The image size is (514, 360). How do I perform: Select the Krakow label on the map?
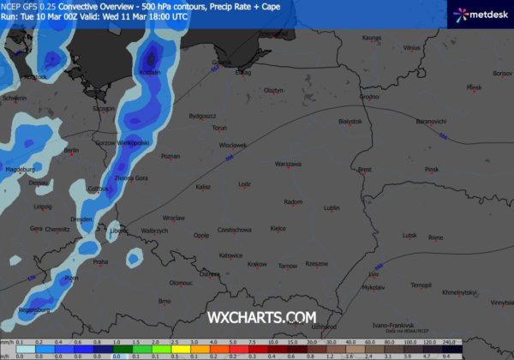(x=257, y=264)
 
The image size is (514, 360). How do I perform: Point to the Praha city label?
(x=100, y=261)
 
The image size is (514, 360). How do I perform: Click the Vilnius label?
(x=413, y=48)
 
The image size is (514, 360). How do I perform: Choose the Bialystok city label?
(x=351, y=122)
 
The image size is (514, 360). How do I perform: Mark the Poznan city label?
(x=170, y=156)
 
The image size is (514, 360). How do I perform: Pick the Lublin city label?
(x=332, y=207)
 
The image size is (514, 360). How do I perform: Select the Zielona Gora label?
(x=132, y=177)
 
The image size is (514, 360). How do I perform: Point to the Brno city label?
(x=165, y=301)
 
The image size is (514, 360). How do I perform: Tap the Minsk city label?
(x=475, y=87)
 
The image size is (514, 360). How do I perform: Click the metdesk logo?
(x=481, y=14)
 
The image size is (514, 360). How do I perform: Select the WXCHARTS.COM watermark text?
(x=261, y=317)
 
